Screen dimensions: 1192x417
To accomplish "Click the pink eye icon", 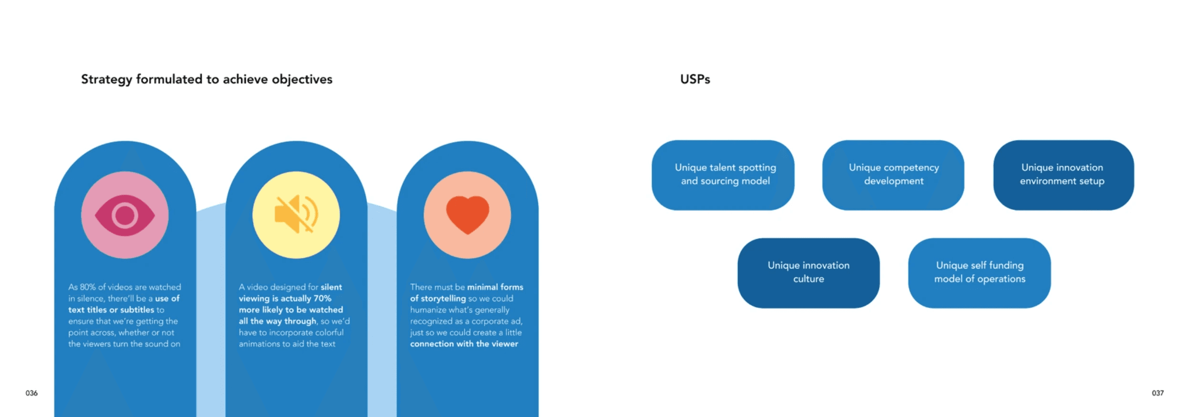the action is click(125, 215).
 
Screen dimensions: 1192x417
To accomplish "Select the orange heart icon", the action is click(467, 215).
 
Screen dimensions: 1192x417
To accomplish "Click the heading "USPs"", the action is click(695, 79).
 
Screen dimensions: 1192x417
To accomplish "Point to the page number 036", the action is click(31, 393).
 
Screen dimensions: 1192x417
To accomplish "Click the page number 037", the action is click(1157, 393).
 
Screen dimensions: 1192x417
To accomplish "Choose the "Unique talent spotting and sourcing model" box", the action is click(723, 175).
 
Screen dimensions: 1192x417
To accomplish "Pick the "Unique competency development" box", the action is click(893, 175).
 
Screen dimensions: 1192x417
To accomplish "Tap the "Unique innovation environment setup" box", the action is click(1063, 175).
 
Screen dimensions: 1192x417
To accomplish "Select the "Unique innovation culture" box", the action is click(808, 273).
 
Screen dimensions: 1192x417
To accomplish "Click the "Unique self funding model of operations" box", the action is click(979, 273).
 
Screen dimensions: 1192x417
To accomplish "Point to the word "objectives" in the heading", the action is click(302, 79).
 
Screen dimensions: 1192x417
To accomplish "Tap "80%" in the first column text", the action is click(88, 287).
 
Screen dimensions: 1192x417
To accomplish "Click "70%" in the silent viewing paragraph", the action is click(322, 298).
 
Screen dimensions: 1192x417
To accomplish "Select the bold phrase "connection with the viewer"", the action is click(464, 344).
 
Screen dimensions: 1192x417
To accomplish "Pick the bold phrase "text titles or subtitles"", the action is click(111, 310).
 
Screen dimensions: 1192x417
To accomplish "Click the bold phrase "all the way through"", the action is click(277, 321).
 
